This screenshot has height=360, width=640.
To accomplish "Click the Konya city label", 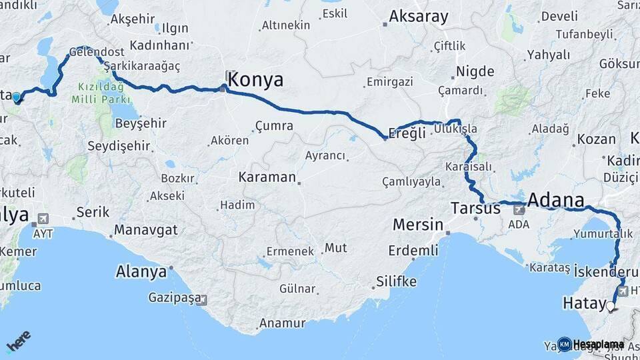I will [x=255, y=81].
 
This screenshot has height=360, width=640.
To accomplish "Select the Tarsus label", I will [x=475, y=209].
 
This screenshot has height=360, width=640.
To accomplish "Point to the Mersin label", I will [x=418, y=224].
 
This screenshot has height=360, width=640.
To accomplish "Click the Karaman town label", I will [x=267, y=177].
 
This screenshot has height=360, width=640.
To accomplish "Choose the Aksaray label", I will [x=419, y=17].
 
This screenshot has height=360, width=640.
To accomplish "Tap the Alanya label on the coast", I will [x=141, y=272].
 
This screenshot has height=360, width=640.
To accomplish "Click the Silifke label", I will [x=396, y=281].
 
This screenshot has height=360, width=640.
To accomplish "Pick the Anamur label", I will [x=281, y=323].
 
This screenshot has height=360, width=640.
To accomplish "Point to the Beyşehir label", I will [x=141, y=124].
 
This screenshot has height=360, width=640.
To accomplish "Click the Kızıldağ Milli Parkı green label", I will [x=101, y=93].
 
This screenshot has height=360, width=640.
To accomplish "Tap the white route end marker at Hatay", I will [x=610, y=306].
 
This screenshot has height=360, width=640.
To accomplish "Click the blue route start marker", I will [x=17, y=97].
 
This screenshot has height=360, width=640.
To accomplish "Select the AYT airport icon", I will [x=43, y=219].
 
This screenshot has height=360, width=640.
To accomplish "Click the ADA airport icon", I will [x=519, y=209].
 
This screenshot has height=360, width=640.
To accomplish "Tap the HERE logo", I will [x=18, y=342].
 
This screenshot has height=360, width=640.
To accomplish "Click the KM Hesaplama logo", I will [x=591, y=344].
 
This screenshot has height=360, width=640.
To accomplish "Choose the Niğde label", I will [x=475, y=72].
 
